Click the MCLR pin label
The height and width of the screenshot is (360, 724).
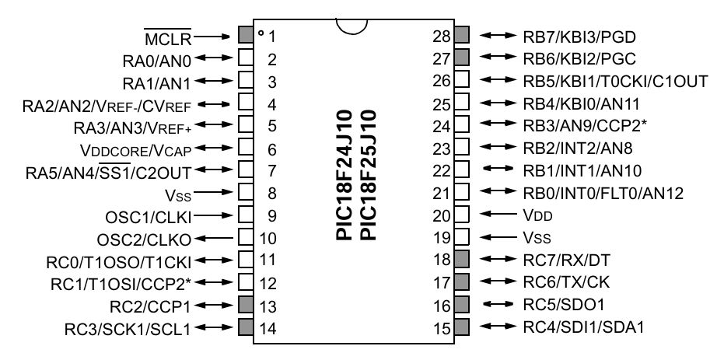pos(169,36)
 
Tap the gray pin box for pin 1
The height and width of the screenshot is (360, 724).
pos(244,35)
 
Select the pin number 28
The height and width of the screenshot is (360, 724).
pos(442,36)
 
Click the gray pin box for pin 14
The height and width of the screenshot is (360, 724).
pos(244,327)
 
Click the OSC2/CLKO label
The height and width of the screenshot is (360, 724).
pos(144,237)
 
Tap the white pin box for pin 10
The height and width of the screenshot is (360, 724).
pos(244,236)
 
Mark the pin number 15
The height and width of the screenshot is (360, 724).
pos(442,328)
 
